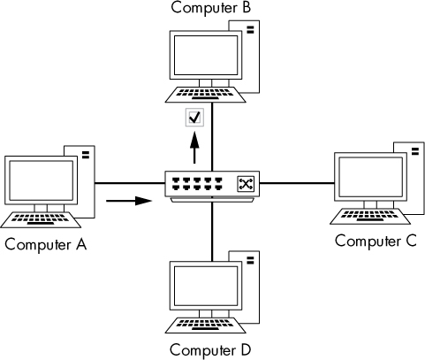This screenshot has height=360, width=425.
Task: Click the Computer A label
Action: (45, 244)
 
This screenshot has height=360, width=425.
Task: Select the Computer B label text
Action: (211, 9)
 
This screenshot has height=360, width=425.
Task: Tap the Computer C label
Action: (376, 241)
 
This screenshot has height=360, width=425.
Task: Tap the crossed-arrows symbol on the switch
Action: (245, 184)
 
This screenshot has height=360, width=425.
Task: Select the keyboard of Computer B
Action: (205, 92)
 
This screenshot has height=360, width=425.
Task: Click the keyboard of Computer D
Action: (206, 321)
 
